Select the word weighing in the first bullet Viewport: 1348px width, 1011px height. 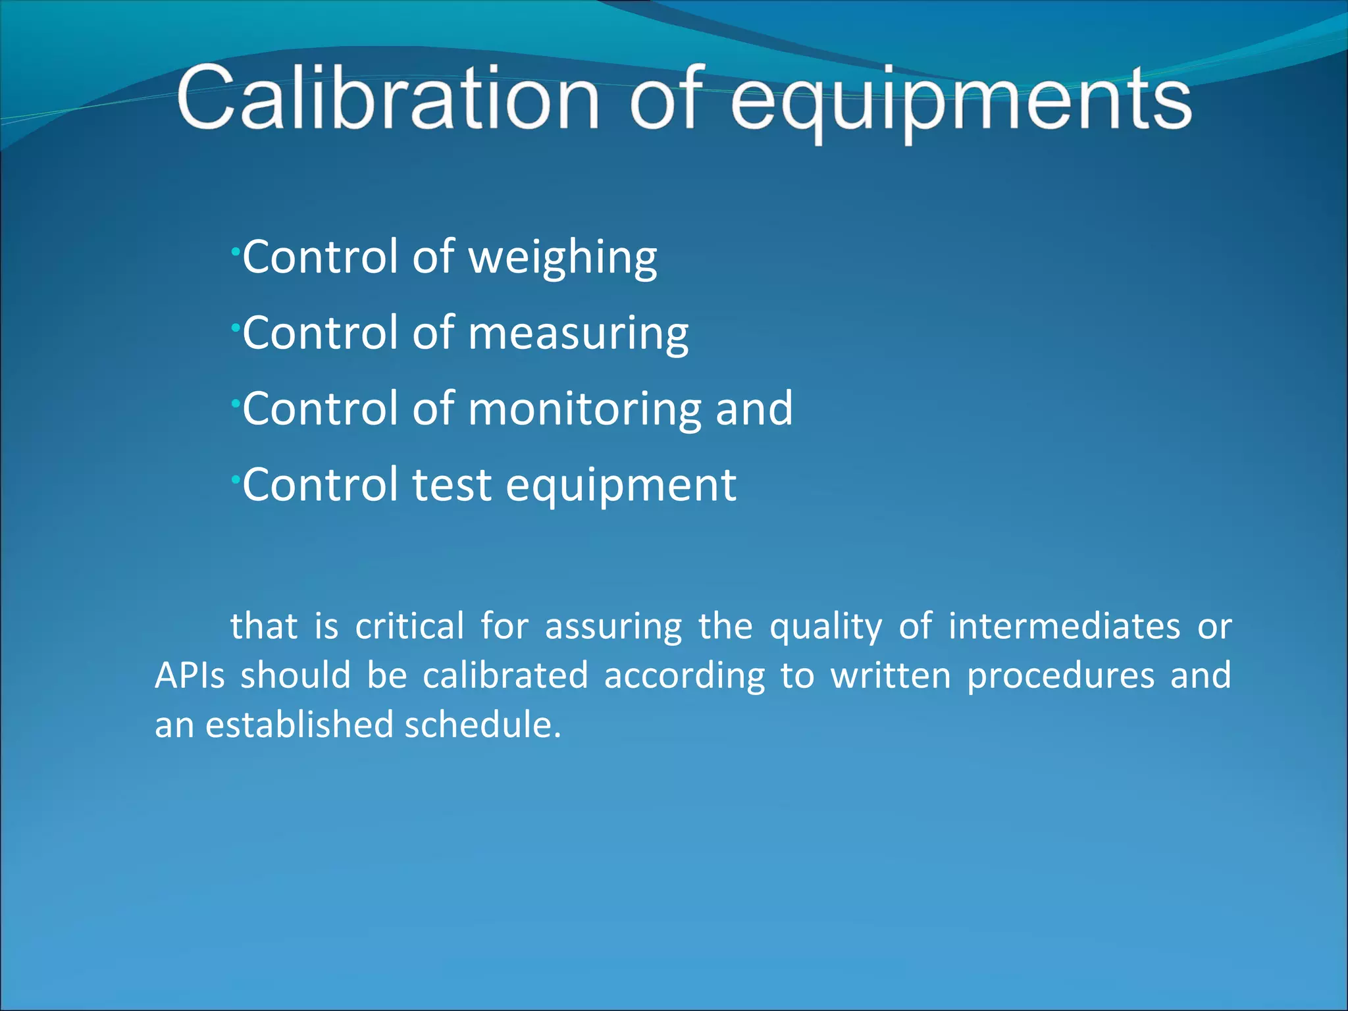point(562,257)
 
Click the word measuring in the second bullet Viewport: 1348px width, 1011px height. point(578,334)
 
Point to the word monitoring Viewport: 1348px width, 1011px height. point(584,409)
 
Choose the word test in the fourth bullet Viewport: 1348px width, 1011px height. point(452,485)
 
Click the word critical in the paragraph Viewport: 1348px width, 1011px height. point(409,626)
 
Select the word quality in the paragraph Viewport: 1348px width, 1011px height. point(826,627)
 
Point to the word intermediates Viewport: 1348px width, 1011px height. point(1064,626)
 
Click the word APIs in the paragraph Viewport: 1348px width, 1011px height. point(190,676)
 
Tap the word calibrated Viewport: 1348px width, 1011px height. point(505,676)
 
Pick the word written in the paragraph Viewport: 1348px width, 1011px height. point(891,676)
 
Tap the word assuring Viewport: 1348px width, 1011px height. point(613,627)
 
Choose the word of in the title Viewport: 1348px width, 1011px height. point(666,99)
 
